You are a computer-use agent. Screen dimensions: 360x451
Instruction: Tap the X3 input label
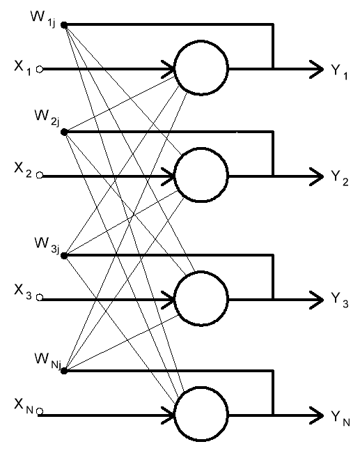point(23,292)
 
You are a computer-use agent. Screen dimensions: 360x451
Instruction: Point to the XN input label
point(24,406)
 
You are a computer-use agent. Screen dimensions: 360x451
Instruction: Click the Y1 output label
point(339,72)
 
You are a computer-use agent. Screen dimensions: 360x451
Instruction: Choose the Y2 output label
point(340,178)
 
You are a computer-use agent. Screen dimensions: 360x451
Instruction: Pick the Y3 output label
point(340,300)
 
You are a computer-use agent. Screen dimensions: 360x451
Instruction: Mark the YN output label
point(341,418)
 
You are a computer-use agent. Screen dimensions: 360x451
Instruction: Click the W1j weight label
point(42,19)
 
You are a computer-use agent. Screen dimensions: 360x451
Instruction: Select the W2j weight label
point(47,118)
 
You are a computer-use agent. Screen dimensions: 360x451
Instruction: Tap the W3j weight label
point(47,245)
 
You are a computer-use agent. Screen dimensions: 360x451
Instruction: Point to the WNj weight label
point(48,361)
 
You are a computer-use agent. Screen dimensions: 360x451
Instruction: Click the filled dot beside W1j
point(64,25)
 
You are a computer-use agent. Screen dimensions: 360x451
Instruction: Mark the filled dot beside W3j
point(64,255)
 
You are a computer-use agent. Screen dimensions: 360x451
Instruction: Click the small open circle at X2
point(40,175)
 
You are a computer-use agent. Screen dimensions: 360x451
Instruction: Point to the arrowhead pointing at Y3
point(318,300)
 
